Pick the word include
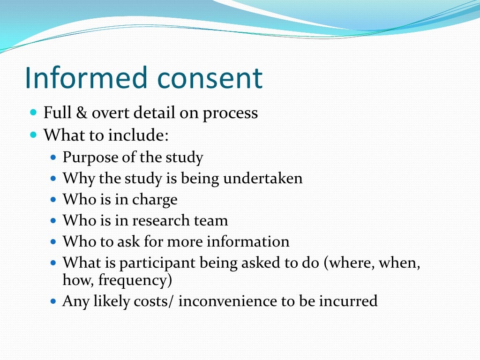(x=138, y=135)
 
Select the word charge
(x=155, y=200)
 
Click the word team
(x=213, y=220)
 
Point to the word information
(x=248, y=242)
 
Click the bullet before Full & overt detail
(x=33, y=113)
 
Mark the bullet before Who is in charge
(x=52, y=200)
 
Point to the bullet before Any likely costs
(x=52, y=301)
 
